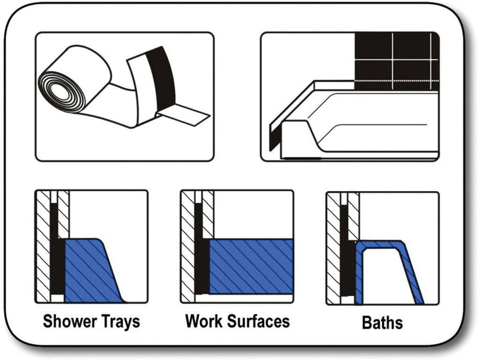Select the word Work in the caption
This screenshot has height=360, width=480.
point(204,321)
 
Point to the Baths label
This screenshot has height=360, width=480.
point(382,322)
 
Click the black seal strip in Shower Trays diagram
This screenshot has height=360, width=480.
point(56,262)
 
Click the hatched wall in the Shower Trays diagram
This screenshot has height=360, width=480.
point(43,248)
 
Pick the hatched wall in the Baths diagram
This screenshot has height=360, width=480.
point(333,248)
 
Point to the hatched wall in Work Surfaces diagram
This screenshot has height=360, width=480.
point(188,248)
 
